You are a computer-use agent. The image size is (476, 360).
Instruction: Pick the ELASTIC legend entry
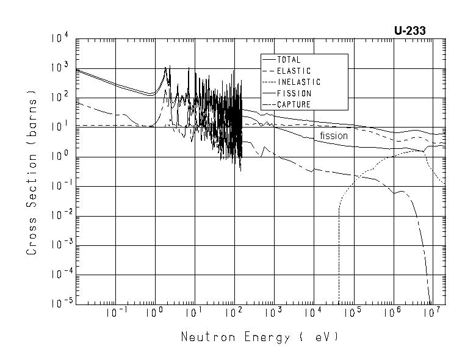tap(294, 71)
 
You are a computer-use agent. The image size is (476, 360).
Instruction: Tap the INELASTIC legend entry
tap(298, 82)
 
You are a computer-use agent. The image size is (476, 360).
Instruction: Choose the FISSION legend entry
tap(294, 93)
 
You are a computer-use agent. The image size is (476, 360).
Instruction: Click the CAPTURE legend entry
tap(294, 104)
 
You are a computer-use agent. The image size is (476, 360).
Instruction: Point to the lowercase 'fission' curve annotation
tap(334, 136)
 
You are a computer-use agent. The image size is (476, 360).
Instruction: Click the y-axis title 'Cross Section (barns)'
tap(32, 175)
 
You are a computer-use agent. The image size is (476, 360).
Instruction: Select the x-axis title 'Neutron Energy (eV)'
tap(259, 337)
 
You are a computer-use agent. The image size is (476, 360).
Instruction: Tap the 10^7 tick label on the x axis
tap(432, 313)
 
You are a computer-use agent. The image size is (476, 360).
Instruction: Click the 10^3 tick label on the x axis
tap(273, 313)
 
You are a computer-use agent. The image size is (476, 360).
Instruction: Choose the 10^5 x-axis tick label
tap(353, 313)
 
